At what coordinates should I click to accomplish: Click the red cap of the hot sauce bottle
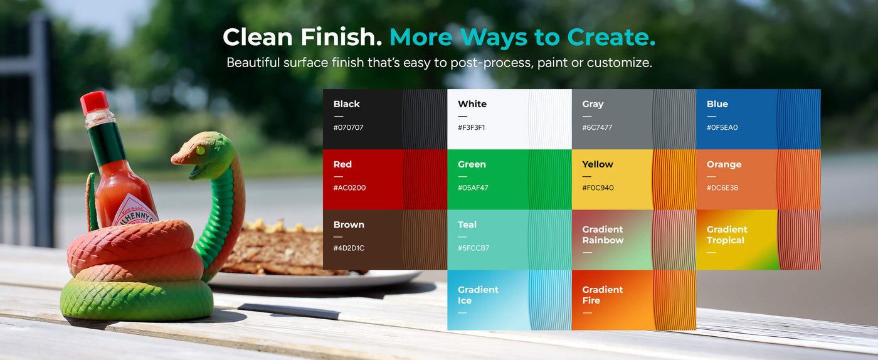coord(95,102)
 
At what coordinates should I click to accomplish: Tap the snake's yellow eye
coord(200,150)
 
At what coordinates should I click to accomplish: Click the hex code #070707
coord(349,127)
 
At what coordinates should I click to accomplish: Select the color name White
coord(472,104)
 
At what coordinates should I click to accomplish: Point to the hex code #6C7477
coord(597,127)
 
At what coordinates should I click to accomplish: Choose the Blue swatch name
coord(717,104)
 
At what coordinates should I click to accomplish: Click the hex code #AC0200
coord(350,188)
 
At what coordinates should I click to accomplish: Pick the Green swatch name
coord(472,164)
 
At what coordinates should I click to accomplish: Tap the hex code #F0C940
coord(598,188)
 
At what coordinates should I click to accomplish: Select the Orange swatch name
coord(724,164)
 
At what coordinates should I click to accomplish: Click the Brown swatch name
coord(349,225)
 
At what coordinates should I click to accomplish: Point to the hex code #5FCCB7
coord(473,248)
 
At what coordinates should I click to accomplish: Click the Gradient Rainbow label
coord(603,235)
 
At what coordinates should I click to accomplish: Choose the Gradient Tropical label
coord(727,235)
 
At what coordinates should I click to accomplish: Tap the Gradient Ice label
coord(478,295)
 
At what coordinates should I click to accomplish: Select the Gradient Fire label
coord(603,295)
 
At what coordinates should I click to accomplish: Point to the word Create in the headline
coord(611,37)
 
